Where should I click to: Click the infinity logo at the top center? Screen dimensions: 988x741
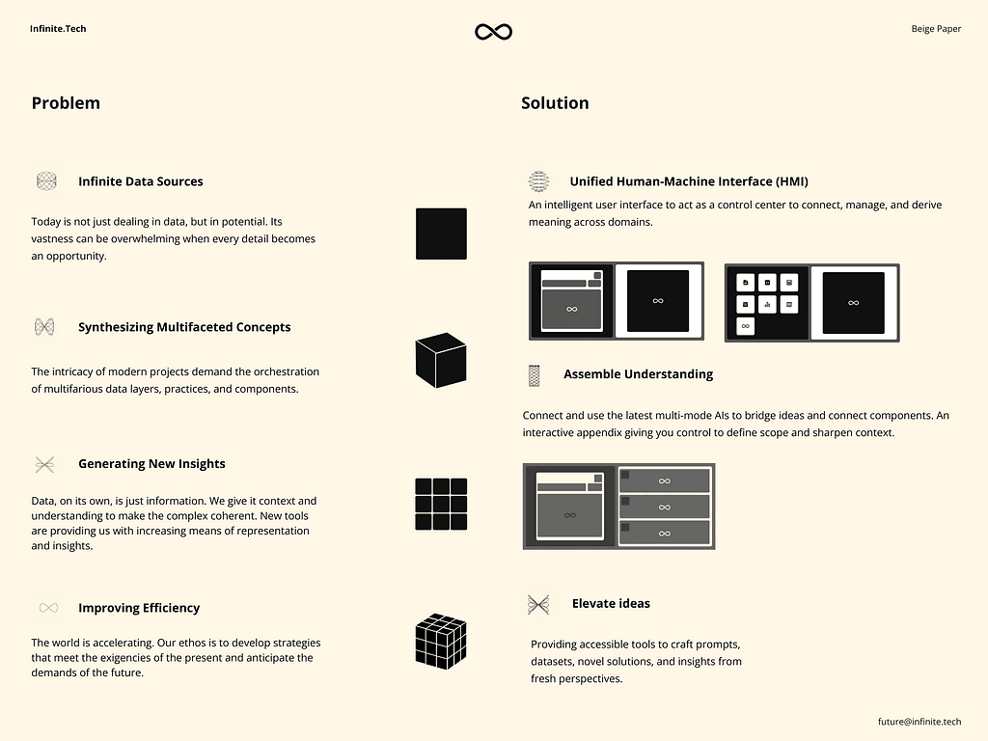pyautogui.click(x=493, y=32)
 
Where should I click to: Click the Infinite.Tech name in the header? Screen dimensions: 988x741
pyautogui.click(x=58, y=28)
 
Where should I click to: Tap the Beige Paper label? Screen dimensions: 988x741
pyautogui.click(x=936, y=28)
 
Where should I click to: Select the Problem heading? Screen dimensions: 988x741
pyautogui.click(x=66, y=102)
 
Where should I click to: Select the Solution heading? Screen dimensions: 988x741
pyautogui.click(x=555, y=102)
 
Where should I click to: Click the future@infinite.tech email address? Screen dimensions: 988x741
pyautogui.click(x=919, y=722)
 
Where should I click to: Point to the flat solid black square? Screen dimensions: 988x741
pyautogui.click(x=441, y=233)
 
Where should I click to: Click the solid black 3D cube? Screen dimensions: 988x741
pyautogui.click(x=441, y=360)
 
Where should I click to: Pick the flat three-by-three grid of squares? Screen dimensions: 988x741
pyautogui.click(x=441, y=504)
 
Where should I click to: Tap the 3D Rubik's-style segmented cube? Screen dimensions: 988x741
pyautogui.click(x=441, y=641)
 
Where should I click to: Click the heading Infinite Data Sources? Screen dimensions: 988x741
pyautogui.click(x=141, y=181)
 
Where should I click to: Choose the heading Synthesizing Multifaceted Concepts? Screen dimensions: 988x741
pyautogui.click(x=184, y=327)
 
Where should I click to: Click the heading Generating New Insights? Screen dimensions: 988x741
pyautogui.click(x=151, y=464)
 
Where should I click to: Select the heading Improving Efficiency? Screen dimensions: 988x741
pyautogui.click(x=139, y=608)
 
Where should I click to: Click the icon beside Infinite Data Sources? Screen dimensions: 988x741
pyautogui.click(x=46, y=181)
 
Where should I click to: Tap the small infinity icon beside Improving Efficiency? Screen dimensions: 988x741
pyautogui.click(x=48, y=608)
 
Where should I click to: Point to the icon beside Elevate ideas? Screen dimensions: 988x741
pyautogui.click(x=538, y=605)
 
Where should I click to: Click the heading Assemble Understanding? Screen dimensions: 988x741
pyautogui.click(x=639, y=374)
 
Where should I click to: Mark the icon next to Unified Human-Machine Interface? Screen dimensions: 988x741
pyautogui.click(x=538, y=181)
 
